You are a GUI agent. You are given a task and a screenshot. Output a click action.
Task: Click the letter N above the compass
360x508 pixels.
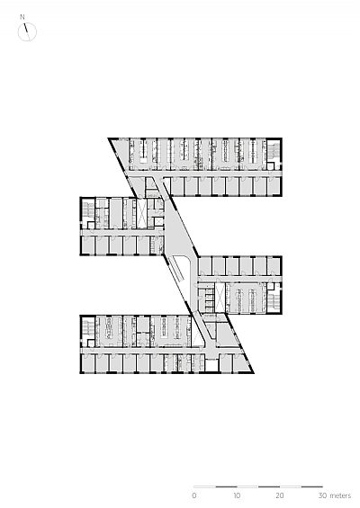[x=22, y=17]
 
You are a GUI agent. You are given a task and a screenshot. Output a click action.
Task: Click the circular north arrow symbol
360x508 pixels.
[x=27, y=31]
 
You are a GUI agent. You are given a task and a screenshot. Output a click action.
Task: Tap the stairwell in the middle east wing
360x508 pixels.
[x=274, y=299]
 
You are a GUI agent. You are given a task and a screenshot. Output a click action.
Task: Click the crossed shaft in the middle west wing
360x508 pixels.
[x=141, y=214]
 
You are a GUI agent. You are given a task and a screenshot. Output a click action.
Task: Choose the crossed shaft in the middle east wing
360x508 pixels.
[x=220, y=297]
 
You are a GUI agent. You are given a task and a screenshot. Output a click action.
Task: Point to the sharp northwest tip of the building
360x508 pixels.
[x=109, y=138]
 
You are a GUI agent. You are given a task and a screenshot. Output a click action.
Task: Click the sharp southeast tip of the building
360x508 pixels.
[x=253, y=372]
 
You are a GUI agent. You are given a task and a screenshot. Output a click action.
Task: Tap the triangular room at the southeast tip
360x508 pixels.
[x=241, y=363]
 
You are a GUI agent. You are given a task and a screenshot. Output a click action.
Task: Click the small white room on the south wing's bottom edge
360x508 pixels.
[x=211, y=365]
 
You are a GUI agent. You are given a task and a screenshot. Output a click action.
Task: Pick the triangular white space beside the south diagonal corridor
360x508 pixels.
[x=196, y=339]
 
